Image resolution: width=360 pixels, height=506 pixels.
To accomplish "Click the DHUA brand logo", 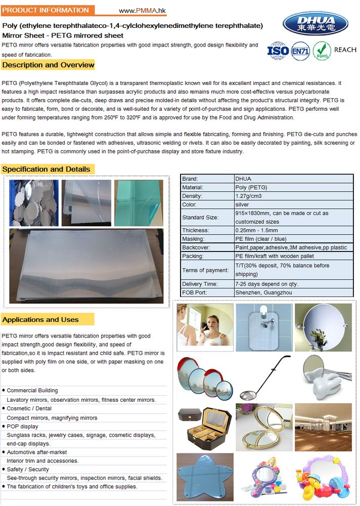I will pos(316,22).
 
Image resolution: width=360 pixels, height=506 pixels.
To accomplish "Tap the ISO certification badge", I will pos(278,50).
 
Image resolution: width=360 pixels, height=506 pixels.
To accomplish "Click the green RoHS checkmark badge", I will pos(322,50).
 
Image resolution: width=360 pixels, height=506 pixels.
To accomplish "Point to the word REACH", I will pos(345,50).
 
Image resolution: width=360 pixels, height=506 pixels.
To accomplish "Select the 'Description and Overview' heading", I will pos(48,65).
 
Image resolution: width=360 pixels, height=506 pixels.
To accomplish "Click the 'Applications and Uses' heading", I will pos(40,319).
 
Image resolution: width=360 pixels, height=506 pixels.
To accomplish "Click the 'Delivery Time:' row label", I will pos(200,284).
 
